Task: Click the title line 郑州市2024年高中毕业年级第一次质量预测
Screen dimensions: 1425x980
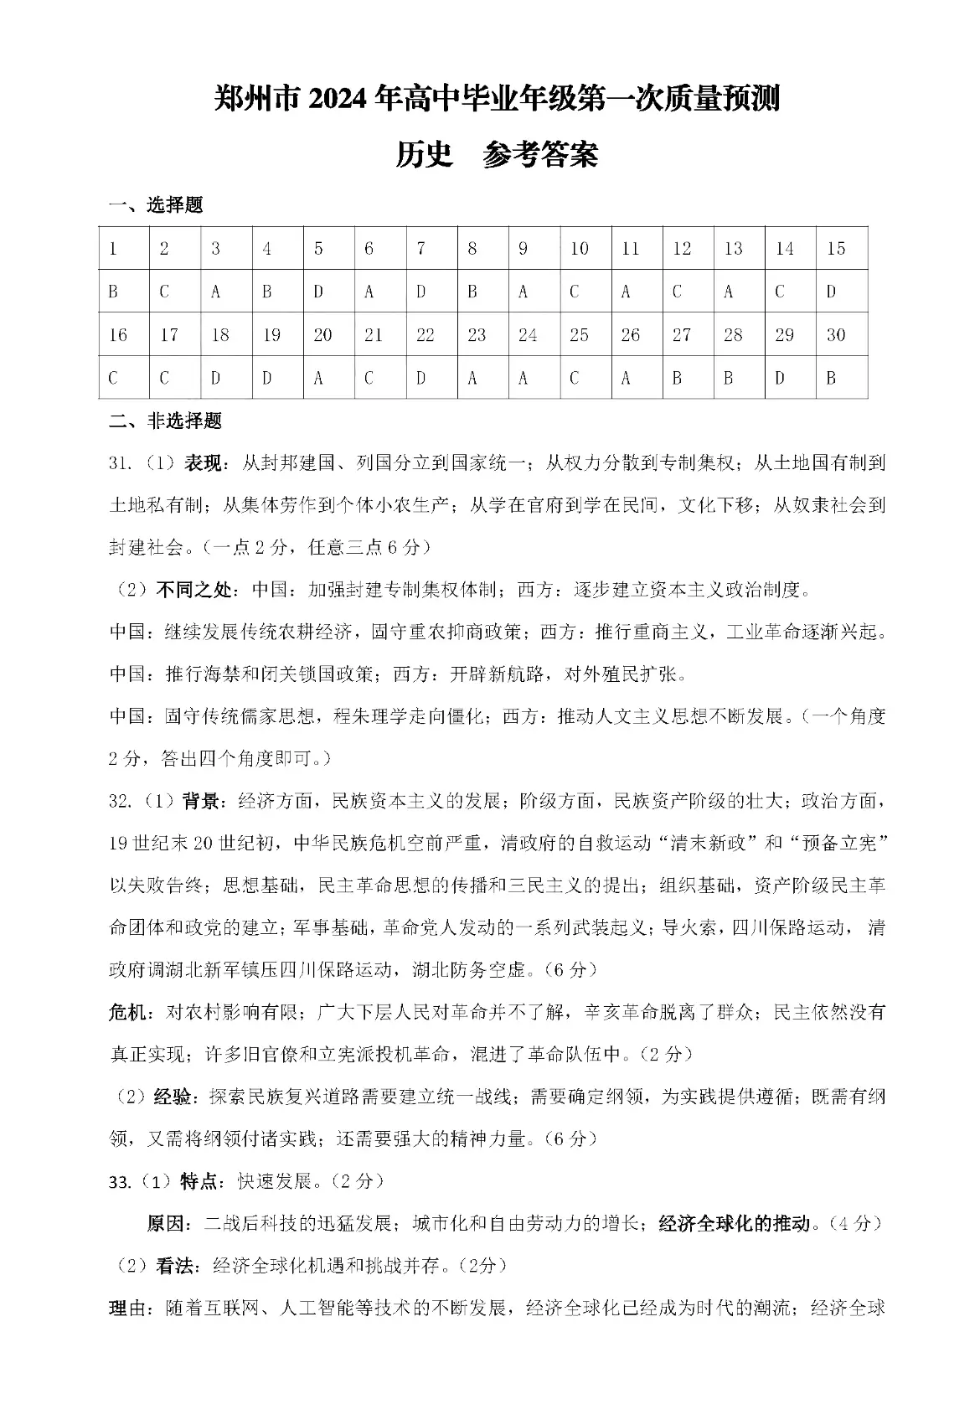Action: pos(497,100)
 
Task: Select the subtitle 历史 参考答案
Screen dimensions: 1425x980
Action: pos(497,155)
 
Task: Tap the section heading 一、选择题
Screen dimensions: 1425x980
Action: pos(157,205)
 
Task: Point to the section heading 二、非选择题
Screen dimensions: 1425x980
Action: pos(166,421)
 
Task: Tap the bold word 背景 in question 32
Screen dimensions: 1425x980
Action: pos(199,801)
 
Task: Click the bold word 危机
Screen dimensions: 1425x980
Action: pos(127,1012)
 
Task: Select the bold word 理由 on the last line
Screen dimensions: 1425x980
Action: pos(127,1309)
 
